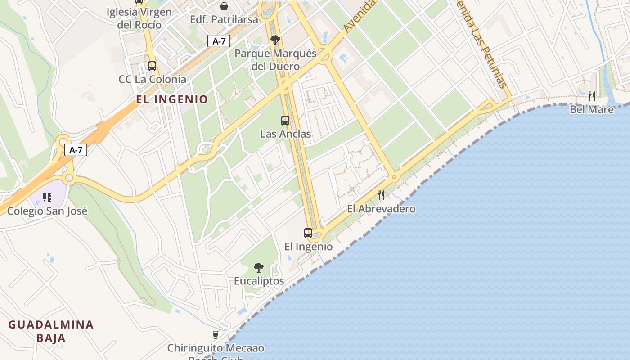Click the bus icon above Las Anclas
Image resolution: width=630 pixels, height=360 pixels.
click(x=285, y=120)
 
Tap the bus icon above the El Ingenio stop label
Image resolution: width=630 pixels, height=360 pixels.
click(x=308, y=233)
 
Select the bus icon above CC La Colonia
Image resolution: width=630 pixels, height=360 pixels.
click(x=152, y=66)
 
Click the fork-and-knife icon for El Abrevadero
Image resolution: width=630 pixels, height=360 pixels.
click(x=381, y=195)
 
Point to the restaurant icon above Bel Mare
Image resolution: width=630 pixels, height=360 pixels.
click(x=592, y=96)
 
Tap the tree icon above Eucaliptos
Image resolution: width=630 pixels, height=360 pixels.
click(x=259, y=268)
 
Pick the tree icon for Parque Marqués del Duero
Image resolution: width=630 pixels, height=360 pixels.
click(x=275, y=40)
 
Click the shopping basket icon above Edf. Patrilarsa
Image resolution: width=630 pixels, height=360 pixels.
click(x=224, y=6)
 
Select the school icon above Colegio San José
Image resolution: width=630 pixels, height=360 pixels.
click(x=47, y=197)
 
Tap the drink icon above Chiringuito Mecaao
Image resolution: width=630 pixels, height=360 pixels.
click(x=216, y=334)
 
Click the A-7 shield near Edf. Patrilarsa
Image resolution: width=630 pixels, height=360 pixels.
click(x=219, y=41)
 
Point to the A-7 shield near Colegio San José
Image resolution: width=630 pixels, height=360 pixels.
click(x=76, y=150)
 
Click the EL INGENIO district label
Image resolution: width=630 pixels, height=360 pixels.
click(x=173, y=99)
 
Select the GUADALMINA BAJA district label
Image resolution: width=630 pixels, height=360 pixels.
click(x=51, y=331)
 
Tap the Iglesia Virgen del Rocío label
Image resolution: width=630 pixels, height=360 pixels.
click(x=139, y=18)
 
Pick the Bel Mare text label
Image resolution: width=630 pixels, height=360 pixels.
click(x=592, y=109)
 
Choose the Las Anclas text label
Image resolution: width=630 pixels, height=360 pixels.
click(x=285, y=134)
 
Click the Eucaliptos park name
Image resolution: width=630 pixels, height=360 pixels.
click(x=259, y=281)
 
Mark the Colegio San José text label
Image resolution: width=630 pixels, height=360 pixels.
click(x=47, y=211)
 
